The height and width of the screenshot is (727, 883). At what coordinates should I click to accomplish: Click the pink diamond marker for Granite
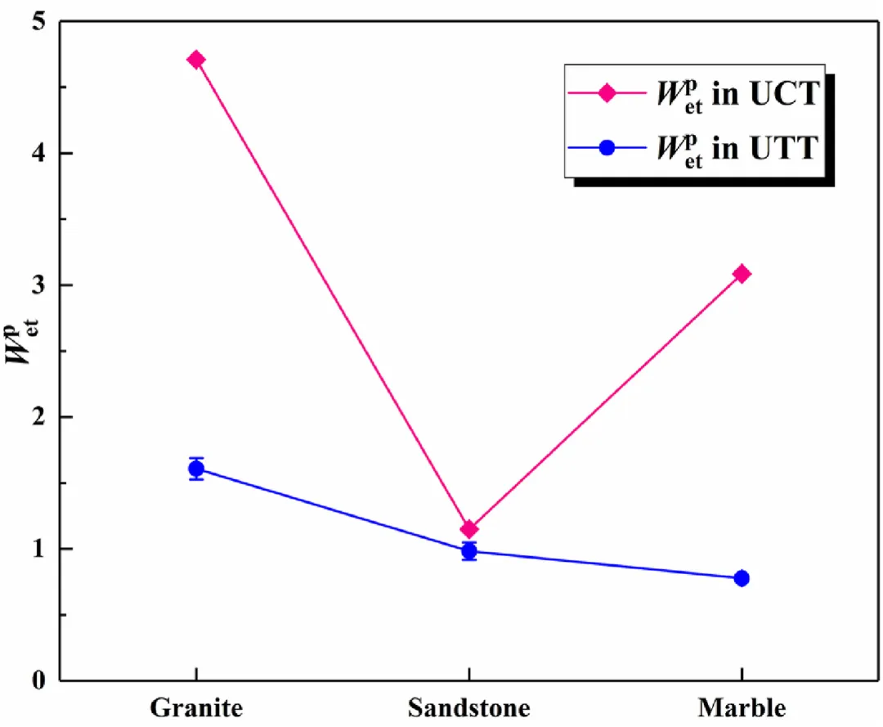pos(196,60)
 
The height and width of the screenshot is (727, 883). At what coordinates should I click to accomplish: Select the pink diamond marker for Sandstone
pos(468,529)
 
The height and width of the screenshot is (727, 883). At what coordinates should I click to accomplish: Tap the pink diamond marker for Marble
pos(742,274)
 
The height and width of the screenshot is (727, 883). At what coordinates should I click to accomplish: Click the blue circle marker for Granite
pos(196,469)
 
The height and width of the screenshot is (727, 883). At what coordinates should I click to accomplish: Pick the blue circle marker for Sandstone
pos(468,551)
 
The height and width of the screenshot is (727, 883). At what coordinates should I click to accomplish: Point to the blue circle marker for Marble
pos(742,578)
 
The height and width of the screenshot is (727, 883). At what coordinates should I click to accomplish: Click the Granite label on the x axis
pos(196,707)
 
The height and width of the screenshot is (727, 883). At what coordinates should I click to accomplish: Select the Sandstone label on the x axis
pos(468,707)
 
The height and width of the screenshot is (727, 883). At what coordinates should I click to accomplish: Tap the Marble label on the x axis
pos(742,707)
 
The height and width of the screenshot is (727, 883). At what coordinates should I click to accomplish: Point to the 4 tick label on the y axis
pos(39,153)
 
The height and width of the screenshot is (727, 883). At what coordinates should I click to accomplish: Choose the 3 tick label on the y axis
pos(39,285)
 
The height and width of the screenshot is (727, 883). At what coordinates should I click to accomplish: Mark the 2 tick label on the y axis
pos(39,417)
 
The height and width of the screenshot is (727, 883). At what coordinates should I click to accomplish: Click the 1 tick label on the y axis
pos(39,549)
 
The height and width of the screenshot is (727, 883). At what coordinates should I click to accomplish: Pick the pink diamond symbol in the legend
pos(606,93)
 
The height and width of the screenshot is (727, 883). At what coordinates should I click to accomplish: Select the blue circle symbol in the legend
pos(606,149)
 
